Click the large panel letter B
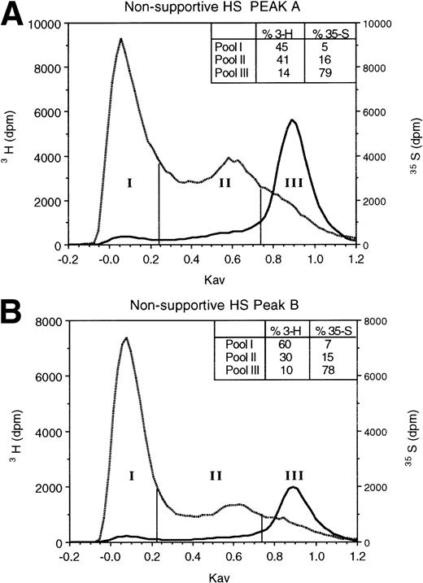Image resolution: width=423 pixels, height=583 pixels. pos(14,308)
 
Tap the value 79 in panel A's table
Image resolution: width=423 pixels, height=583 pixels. pos(329,74)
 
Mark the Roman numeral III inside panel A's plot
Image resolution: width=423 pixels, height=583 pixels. pos(293,183)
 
